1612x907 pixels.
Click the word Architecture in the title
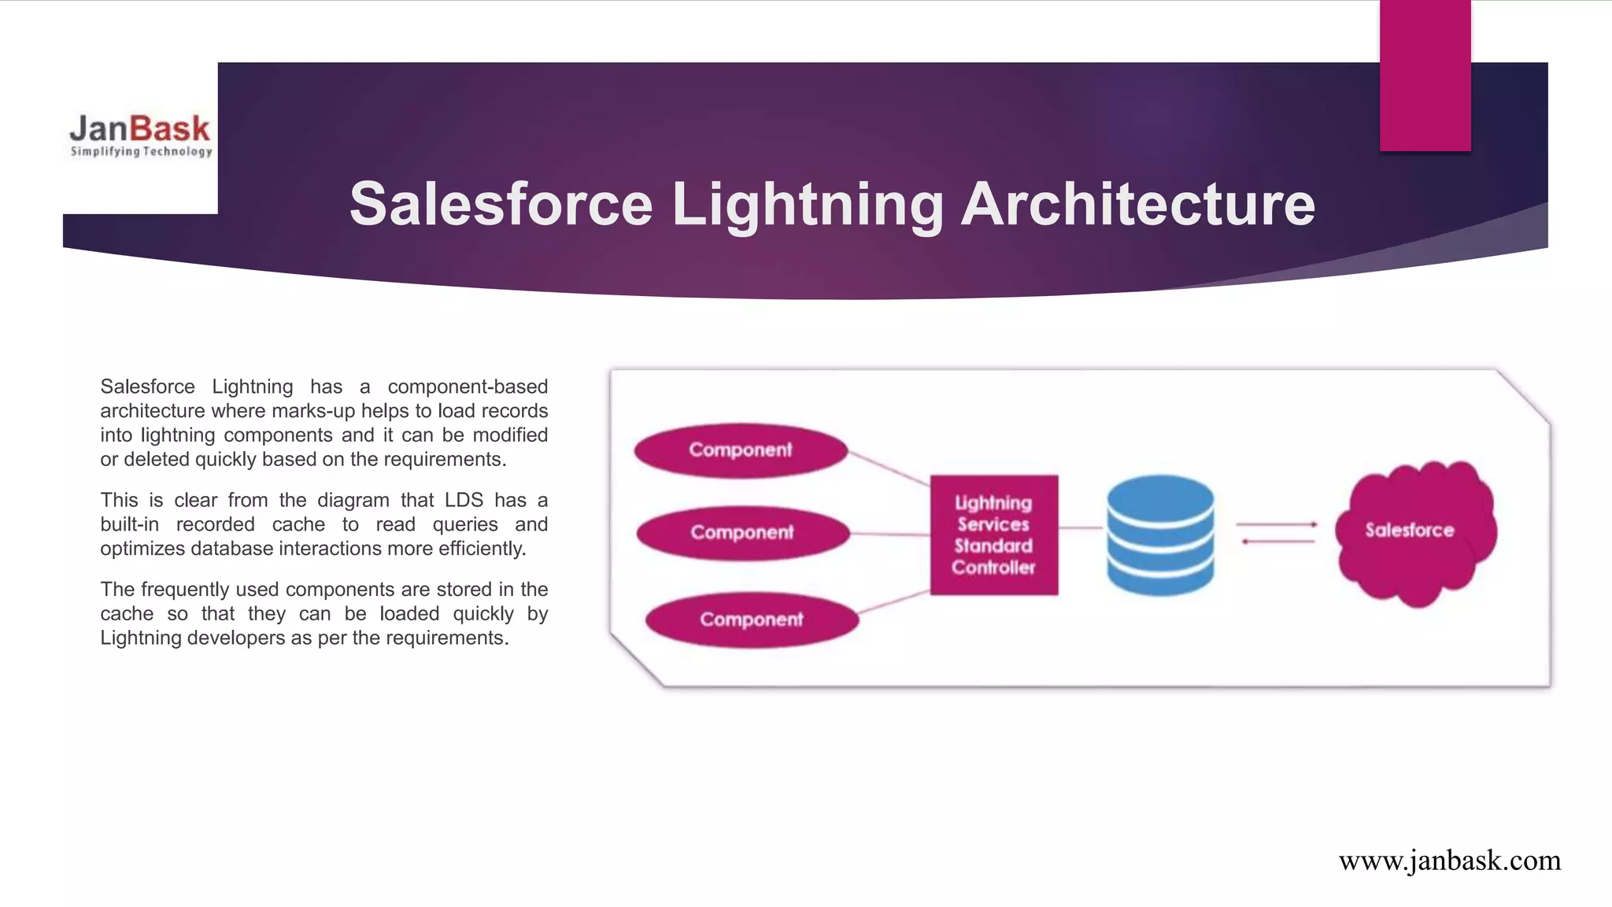point(1138,204)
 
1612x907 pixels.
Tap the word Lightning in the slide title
point(808,204)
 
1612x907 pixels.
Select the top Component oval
point(741,450)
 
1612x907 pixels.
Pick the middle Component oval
point(743,533)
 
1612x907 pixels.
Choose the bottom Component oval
point(752,620)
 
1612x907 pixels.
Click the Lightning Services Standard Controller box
point(993,535)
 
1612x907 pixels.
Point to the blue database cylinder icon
point(1160,535)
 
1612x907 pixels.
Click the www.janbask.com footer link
point(1449,861)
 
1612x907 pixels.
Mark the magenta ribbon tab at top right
point(1425,75)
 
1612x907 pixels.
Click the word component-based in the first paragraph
point(468,387)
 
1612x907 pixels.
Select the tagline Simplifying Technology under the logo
point(141,151)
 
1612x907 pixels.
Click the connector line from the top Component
point(889,468)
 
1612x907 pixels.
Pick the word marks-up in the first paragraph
point(313,411)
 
